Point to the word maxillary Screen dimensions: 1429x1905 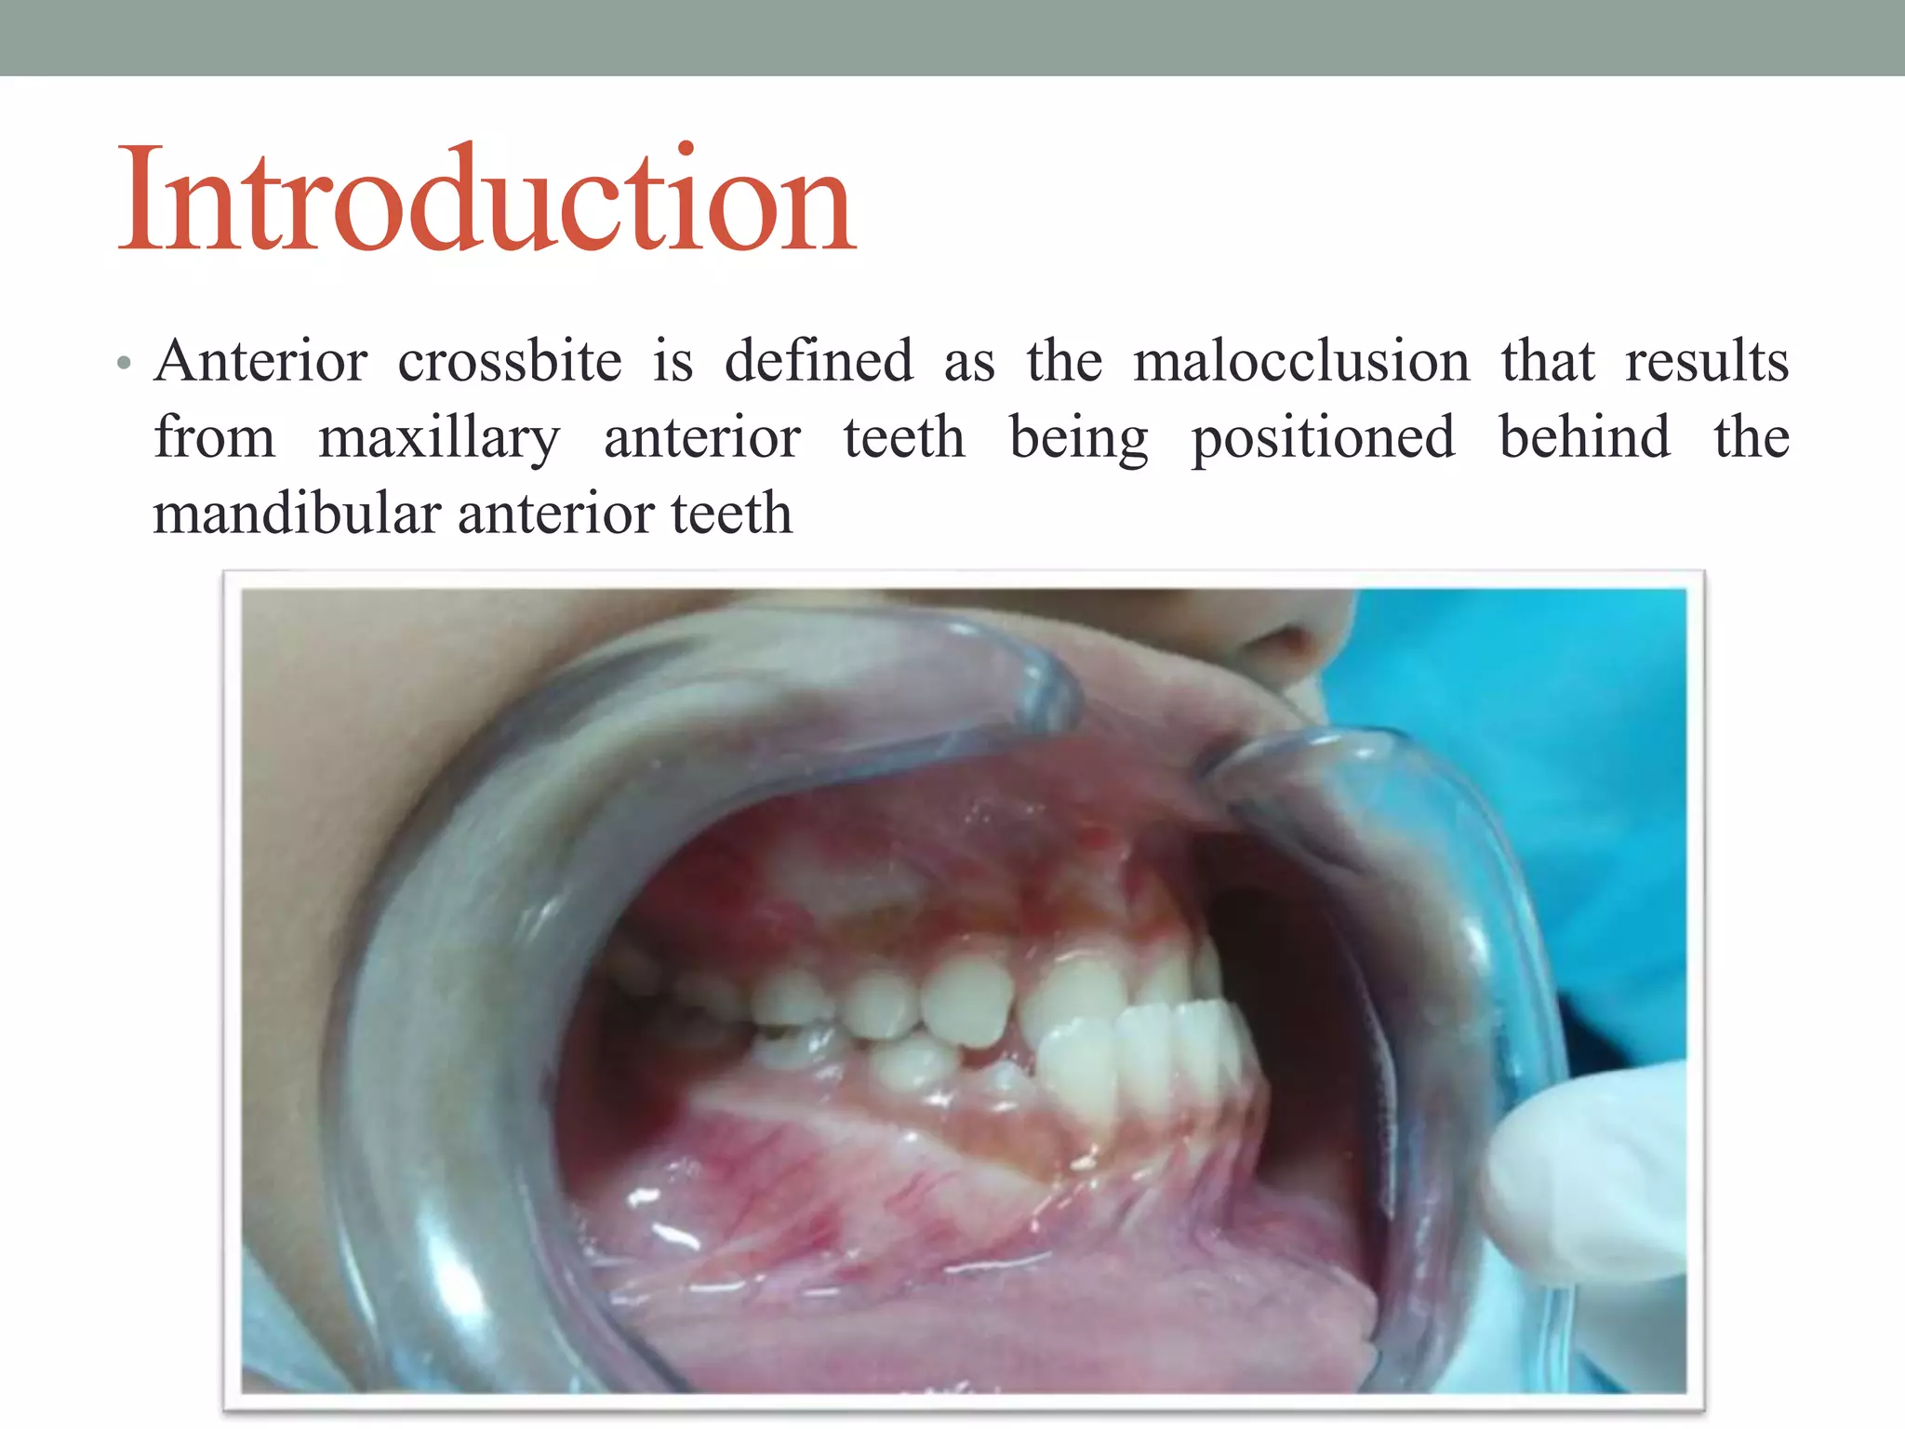(x=439, y=438)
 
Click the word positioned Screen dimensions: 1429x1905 (x=1323, y=438)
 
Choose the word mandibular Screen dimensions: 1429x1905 (x=297, y=514)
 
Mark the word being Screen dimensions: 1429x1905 (x=1078, y=440)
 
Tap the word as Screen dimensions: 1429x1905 (x=969, y=363)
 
